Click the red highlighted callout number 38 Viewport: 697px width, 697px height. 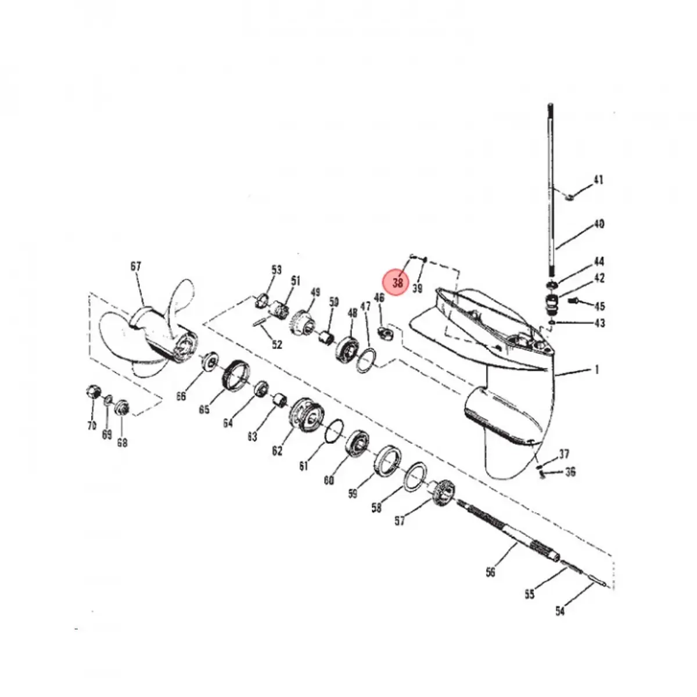(397, 283)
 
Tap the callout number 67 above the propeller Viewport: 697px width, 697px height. (135, 267)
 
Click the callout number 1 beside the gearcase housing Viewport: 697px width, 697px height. (597, 369)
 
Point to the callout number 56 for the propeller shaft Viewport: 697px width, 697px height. (491, 572)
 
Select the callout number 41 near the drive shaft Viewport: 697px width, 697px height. (598, 179)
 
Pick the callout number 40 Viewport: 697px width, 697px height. (598, 224)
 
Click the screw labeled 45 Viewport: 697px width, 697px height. (573, 301)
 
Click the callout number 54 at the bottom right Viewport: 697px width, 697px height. (559, 610)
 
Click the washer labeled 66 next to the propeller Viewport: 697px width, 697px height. (209, 362)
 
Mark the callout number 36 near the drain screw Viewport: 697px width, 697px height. (570, 472)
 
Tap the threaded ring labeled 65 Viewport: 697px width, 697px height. (236, 375)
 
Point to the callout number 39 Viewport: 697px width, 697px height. (417, 288)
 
